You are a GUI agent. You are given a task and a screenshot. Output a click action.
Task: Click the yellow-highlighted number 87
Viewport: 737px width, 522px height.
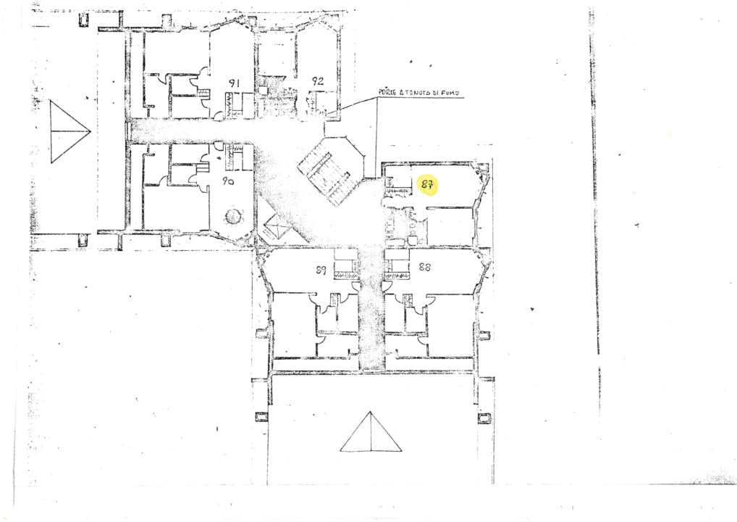[428, 185]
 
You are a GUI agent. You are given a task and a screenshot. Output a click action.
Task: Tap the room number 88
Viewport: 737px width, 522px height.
[425, 267]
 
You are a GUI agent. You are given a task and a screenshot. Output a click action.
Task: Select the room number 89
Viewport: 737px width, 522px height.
[321, 270]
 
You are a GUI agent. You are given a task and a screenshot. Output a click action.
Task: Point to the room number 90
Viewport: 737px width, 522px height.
[227, 182]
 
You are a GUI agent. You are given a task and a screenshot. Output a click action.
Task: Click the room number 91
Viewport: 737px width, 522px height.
[234, 83]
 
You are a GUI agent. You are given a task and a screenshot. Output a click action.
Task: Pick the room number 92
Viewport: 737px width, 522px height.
[317, 80]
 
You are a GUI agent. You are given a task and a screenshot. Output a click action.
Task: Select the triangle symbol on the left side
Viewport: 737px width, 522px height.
[68, 131]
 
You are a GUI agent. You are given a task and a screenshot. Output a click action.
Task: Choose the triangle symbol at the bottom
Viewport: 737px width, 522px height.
[371, 432]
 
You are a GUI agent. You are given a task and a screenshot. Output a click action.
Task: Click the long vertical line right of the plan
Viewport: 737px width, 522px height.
[595, 188]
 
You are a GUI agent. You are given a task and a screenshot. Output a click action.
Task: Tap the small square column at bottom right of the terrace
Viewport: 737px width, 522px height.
[484, 418]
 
